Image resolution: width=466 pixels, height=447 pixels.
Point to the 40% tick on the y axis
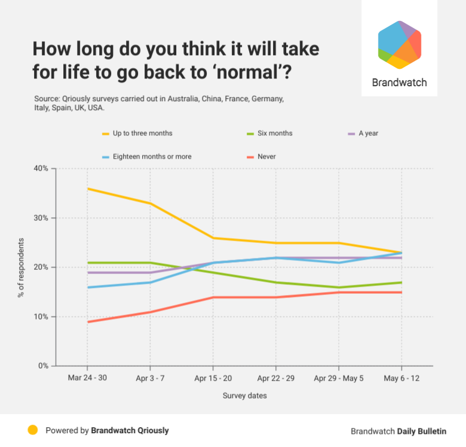41,169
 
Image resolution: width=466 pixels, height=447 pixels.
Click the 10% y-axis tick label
41,317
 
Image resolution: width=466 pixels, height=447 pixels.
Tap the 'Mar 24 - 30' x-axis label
87,379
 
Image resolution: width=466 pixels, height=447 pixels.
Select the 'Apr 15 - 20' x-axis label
213,379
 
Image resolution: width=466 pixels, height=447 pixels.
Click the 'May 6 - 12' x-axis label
401,379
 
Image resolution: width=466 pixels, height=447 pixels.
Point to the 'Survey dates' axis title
245,396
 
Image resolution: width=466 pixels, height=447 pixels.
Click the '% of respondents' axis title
21,267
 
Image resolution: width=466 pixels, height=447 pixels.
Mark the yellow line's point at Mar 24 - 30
87,188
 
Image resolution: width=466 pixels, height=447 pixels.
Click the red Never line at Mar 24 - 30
87,322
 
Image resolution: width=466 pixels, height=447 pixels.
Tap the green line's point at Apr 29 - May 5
339,287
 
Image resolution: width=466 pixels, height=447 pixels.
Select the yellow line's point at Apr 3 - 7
150,203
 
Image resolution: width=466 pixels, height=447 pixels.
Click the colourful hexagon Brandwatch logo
400,45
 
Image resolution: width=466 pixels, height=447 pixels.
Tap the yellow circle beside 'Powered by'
33,430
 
